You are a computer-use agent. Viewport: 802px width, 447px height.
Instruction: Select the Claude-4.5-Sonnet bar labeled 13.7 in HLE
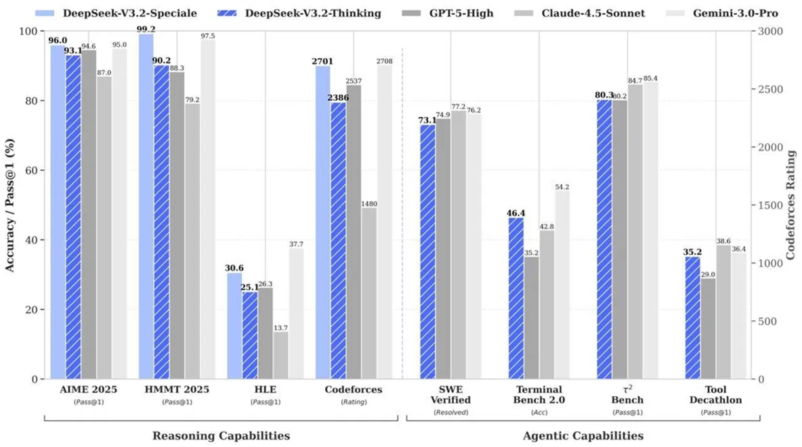[280, 355]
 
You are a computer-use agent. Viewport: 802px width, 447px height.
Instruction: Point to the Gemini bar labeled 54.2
[562, 284]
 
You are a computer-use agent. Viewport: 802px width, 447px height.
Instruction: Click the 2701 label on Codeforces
[322, 61]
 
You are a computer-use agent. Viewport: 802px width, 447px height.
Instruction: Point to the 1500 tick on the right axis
[769, 205]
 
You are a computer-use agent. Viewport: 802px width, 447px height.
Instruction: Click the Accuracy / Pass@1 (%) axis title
[10, 205]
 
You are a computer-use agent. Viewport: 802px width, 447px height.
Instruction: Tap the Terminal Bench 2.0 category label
[540, 395]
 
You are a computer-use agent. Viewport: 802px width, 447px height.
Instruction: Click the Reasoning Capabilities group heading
[221, 436]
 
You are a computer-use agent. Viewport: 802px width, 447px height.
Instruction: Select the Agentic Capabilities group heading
[584, 436]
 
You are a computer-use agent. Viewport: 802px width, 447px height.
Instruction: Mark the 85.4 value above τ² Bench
[650, 78]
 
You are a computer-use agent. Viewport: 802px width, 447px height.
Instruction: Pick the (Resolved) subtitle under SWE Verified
[451, 412]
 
